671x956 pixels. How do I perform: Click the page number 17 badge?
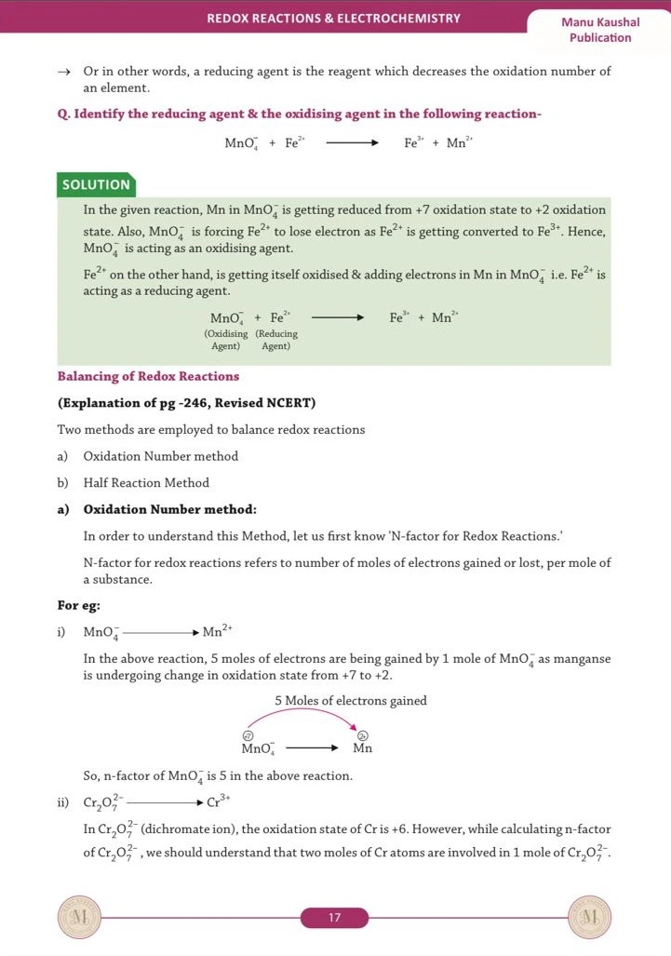point(334,918)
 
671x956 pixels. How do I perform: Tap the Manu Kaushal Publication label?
point(600,30)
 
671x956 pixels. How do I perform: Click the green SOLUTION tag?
point(96,184)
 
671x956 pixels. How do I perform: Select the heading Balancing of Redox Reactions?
point(148,376)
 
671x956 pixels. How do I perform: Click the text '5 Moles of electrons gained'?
point(350,701)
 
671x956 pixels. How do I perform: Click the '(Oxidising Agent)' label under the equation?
point(225,340)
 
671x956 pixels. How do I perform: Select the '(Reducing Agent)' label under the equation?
point(276,340)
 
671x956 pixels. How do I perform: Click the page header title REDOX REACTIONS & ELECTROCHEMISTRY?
point(333,18)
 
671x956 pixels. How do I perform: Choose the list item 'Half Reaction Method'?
point(146,482)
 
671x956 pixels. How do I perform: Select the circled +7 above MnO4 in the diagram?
point(248,735)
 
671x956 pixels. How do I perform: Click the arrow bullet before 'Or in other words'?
point(63,72)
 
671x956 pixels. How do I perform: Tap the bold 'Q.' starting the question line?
point(63,114)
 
